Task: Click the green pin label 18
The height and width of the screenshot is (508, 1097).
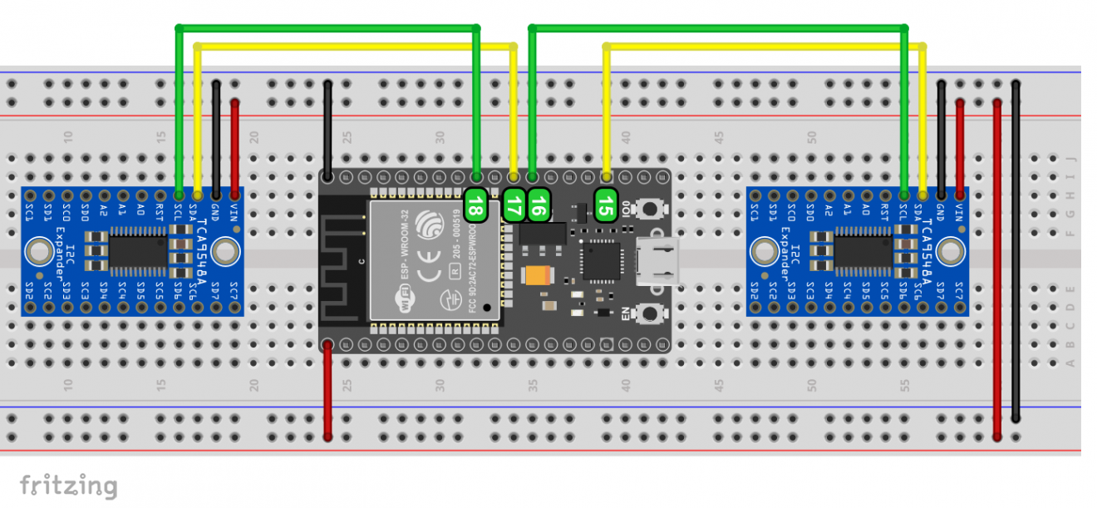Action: click(475, 205)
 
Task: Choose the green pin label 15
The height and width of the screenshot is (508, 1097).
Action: click(607, 205)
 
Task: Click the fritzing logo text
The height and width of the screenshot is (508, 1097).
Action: click(68, 485)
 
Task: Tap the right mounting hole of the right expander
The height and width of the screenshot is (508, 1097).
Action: click(952, 251)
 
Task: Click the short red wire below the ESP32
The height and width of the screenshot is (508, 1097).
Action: click(328, 391)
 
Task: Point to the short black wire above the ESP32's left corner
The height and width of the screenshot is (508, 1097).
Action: click(328, 129)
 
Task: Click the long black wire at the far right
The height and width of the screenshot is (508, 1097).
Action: click(1016, 249)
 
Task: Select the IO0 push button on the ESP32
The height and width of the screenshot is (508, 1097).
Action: click(651, 207)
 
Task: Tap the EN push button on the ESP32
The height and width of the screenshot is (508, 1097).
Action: click(651, 313)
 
